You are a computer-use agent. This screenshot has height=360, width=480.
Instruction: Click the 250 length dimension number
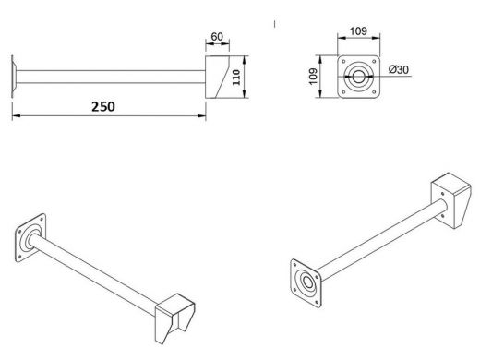click(103, 106)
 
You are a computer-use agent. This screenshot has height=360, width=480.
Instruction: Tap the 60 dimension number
click(217, 37)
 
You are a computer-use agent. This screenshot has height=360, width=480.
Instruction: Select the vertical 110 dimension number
click(236, 78)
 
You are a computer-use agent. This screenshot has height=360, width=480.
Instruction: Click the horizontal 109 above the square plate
click(358, 31)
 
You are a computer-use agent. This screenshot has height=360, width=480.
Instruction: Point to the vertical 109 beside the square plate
click(313, 77)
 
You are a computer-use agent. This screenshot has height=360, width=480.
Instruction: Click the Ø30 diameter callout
click(399, 69)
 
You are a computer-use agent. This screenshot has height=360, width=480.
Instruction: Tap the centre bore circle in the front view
click(358, 77)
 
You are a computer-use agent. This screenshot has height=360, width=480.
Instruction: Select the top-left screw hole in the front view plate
click(343, 62)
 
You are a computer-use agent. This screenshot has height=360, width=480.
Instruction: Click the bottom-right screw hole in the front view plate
click(374, 91)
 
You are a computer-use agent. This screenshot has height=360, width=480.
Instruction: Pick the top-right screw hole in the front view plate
click(374, 62)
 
